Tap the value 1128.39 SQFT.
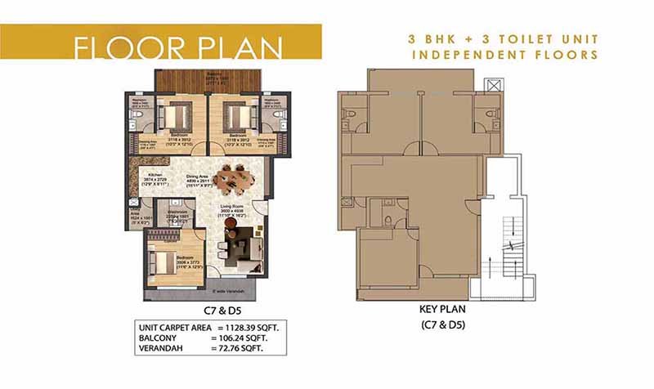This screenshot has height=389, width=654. [x=250, y=326]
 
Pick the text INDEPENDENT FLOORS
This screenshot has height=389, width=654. [x=503, y=55]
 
